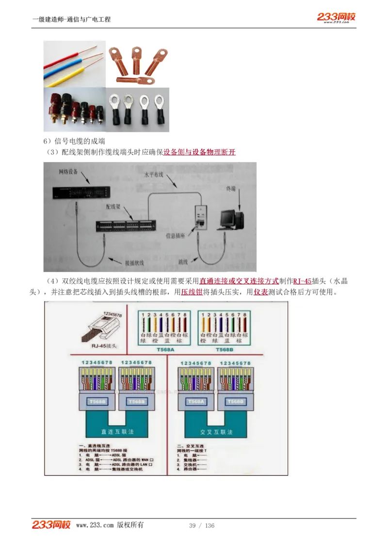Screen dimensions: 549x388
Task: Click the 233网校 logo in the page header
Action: [336, 17]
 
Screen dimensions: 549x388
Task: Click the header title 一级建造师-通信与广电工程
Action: [71, 19]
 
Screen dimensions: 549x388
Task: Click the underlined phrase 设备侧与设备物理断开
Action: [199, 152]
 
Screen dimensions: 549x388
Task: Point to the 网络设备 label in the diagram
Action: [68, 172]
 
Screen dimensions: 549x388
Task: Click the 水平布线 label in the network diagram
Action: [155, 174]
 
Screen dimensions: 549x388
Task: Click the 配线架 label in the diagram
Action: [113, 207]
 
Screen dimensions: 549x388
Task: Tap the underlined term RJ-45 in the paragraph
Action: [303, 281]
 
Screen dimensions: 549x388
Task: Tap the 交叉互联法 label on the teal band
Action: [216, 431]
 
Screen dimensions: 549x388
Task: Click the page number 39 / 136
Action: [201, 526]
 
